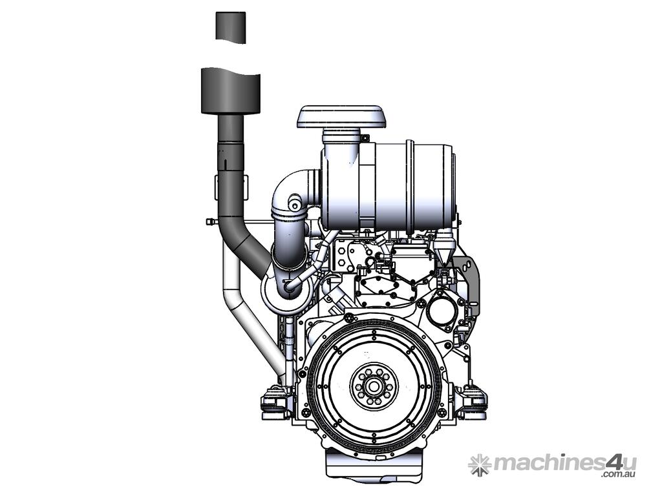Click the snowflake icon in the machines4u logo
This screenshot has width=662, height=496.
coord(480,464)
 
